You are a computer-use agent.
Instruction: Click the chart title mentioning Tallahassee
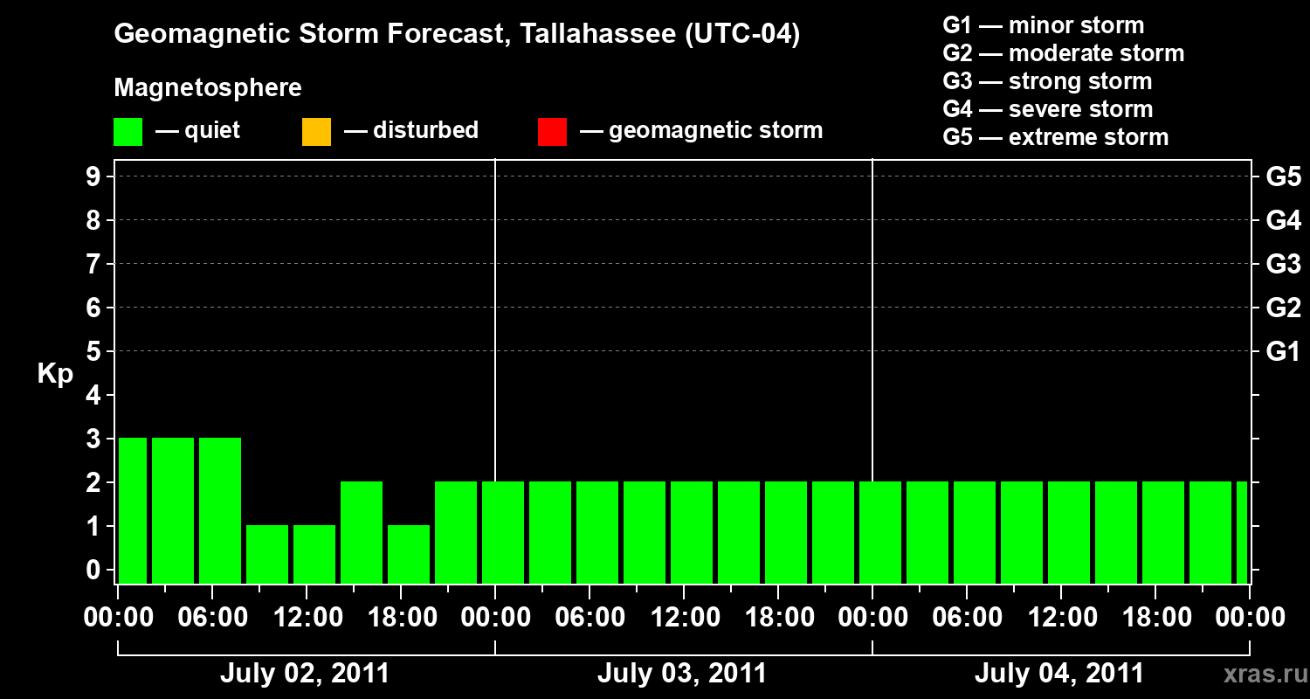click(457, 35)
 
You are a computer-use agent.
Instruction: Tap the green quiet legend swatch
click(128, 132)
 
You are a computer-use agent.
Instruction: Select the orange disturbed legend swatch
click(316, 132)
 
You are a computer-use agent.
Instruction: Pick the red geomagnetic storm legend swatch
click(552, 132)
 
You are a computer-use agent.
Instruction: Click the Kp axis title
click(55, 375)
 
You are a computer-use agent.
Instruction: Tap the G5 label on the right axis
click(1283, 177)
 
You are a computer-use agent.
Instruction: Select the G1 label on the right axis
click(1283, 352)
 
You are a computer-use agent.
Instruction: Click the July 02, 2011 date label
click(305, 674)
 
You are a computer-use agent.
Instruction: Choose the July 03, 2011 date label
click(682, 674)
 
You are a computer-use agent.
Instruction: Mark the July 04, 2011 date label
click(1059, 674)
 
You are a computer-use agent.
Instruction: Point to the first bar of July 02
click(133, 510)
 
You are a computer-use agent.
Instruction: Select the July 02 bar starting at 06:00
click(220, 510)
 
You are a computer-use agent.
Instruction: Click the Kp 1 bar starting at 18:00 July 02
click(409, 554)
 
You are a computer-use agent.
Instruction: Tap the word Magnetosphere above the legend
click(208, 88)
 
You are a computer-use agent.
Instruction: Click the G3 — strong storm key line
click(1047, 81)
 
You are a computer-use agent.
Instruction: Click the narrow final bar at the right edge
click(1242, 532)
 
